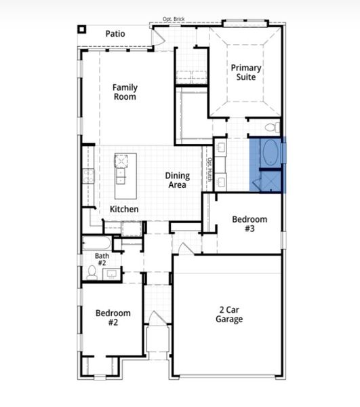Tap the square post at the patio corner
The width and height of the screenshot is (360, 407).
tap(82, 29)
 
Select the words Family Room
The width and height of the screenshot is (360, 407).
tap(125, 92)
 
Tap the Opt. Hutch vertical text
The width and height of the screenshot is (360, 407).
tap(209, 170)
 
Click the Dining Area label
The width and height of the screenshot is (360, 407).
tap(178, 180)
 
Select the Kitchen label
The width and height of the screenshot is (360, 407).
tap(124, 210)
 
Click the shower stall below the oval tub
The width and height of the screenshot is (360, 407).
tap(269, 180)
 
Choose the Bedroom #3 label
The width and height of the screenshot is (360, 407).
tap(249, 224)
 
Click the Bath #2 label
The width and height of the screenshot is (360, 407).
tap(101, 259)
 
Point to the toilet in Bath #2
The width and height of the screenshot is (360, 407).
tap(92, 273)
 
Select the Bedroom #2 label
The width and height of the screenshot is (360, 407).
tap(113, 317)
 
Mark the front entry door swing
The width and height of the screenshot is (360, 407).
tap(155, 317)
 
